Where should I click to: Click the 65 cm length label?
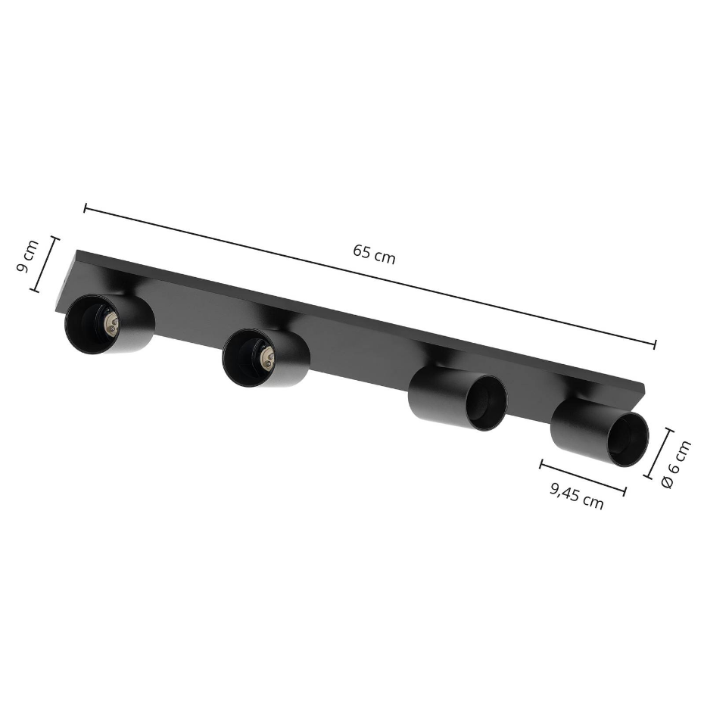[x=373, y=254]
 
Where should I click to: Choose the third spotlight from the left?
[x=457, y=398]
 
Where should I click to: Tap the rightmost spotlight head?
[x=599, y=432]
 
